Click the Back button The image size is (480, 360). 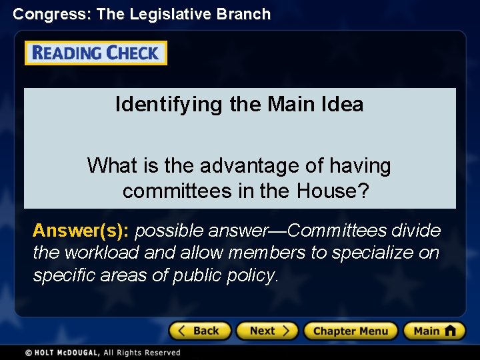point(200,331)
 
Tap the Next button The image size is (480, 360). point(269,331)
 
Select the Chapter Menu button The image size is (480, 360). point(350,331)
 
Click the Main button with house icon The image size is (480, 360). point(433,331)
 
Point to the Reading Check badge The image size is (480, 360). point(96,53)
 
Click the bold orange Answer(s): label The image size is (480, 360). point(81,231)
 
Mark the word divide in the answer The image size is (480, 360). point(416,231)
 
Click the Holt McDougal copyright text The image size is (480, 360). point(103,353)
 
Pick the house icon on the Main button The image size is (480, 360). point(450,331)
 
